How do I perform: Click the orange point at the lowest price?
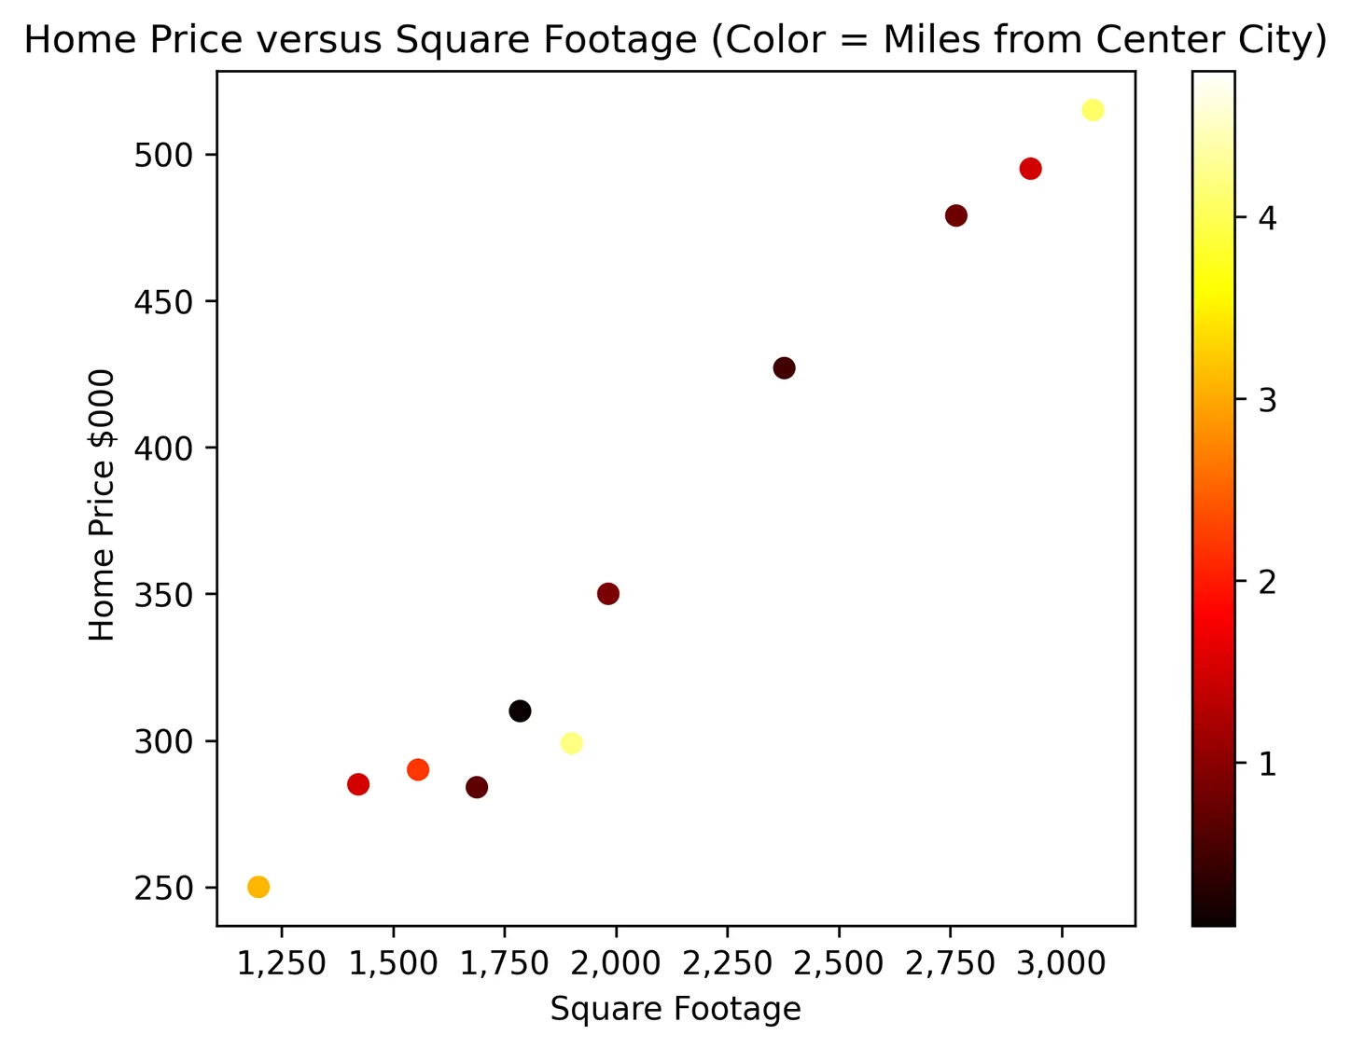click(x=258, y=887)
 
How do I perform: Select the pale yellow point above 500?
click(x=1093, y=110)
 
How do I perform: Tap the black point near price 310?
click(x=520, y=711)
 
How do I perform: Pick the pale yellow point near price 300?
click(x=571, y=743)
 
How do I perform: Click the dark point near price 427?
click(x=785, y=368)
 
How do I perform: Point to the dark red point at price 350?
click(x=608, y=594)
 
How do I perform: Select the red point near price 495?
click(x=1030, y=169)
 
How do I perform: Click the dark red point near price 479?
click(x=956, y=215)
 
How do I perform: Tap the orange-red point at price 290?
click(x=418, y=769)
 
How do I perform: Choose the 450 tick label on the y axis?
click(x=162, y=302)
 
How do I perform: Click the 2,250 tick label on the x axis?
click(x=728, y=963)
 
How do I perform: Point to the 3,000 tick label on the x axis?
click(x=1061, y=963)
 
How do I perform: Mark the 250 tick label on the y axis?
click(x=162, y=889)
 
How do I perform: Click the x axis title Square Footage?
click(x=675, y=1009)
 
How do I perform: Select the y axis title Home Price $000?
click(x=102, y=504)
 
